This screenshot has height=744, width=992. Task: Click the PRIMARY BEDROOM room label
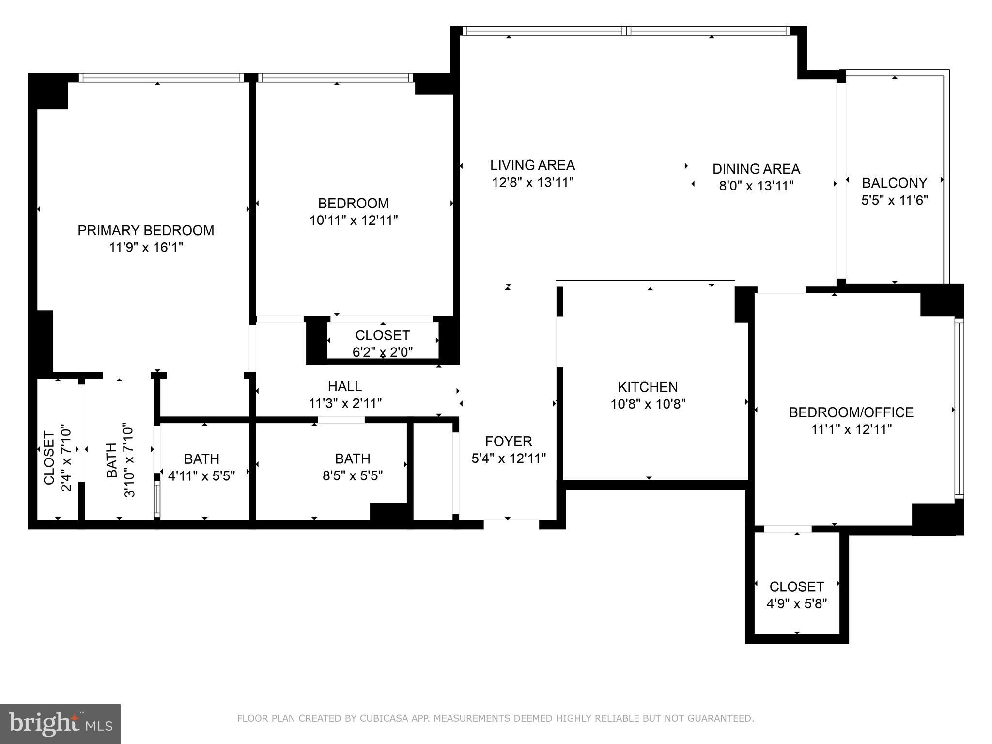click(146, 230)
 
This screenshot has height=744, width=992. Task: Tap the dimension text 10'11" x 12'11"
click(354, 221)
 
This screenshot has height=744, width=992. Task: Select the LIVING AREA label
click(532, 165)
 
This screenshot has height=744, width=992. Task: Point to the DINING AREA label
click(756, 169)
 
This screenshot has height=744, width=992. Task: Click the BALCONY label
click(894, 183)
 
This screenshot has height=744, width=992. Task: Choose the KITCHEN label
click(648, 387)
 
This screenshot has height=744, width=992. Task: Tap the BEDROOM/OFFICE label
click(851, 412)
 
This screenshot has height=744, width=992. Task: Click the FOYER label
click(509, 442)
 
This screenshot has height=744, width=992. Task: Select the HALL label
click(345, 386)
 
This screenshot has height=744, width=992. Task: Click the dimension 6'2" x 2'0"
click(383, 352)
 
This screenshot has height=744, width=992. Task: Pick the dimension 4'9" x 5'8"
click(796, 604)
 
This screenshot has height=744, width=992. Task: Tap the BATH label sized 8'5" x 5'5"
click(353, 459)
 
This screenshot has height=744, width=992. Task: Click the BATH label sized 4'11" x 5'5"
click(201, 459)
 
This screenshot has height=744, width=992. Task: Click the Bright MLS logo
click(60, 724)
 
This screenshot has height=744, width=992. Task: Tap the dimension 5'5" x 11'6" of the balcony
click(894, 200)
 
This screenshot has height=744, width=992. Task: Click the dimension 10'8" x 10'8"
click(648, 404)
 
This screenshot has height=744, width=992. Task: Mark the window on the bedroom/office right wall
click(959, 409)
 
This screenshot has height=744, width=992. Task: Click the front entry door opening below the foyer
click(511, 523)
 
